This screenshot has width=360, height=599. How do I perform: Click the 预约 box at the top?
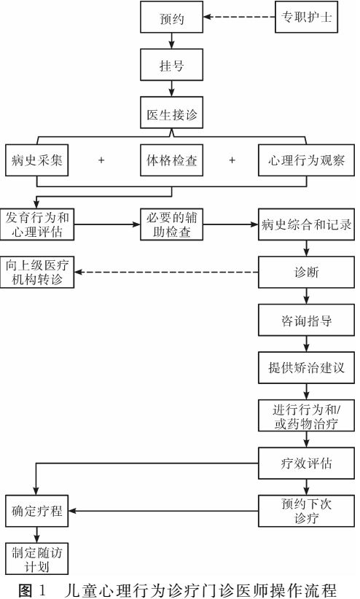[171, 17]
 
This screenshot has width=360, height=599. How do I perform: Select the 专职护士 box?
[306, 17]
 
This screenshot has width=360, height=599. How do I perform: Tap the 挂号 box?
[171, 65]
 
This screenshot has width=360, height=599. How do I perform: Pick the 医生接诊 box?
[171, 113]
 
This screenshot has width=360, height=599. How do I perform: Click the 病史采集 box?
[36, 160]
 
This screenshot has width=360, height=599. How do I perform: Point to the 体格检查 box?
[171, 160]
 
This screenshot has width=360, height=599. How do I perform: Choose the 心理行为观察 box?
[306, 160]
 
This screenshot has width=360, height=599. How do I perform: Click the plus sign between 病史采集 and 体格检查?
[101, 160]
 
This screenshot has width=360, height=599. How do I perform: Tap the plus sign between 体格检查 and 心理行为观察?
[232, 160]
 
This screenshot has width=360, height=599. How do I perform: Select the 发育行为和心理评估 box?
[37, 224]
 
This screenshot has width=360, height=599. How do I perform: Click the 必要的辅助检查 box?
[171, 224]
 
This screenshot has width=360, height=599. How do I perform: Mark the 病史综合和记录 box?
[306, 224]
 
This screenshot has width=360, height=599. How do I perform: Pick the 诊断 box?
[306, 272]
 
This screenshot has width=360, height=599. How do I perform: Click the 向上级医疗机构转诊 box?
[37, 272]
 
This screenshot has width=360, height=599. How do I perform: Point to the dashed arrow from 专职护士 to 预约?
[239, 17]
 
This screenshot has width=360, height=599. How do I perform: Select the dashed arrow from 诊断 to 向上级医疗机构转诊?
[166, 272]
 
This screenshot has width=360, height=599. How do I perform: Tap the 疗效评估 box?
[306, 463]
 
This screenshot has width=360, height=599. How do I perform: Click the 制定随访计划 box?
[36, 558]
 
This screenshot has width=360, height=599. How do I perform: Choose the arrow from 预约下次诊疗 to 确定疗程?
[163, 511]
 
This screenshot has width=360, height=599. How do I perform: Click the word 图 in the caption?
[26, 590]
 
